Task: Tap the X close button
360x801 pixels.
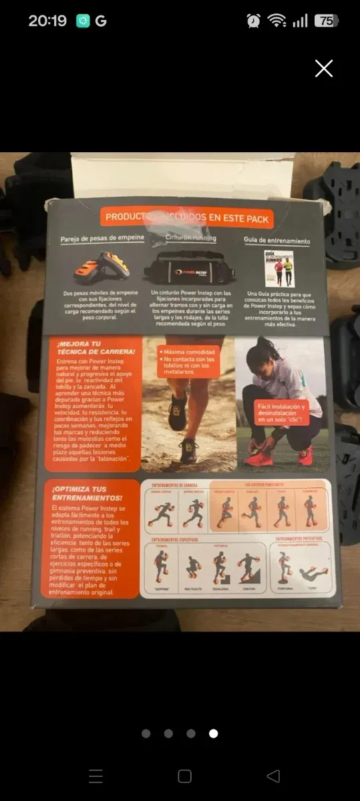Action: click(324, 68)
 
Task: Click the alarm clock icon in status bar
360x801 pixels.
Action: click(254, 21)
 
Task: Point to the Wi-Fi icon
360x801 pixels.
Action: click(277, 21)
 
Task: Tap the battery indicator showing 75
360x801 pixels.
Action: click(326, 21)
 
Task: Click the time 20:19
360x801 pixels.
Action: click(47, 21)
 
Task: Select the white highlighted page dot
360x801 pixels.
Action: click(213, 734)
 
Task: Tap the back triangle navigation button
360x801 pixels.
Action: click(273, 776)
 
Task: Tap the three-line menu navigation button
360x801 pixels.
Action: click(96, 776)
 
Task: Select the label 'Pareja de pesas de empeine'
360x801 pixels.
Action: click(98, 240)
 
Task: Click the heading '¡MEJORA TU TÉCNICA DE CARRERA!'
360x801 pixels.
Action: click(93, 351)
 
